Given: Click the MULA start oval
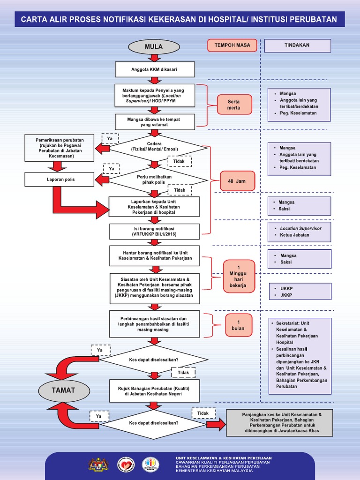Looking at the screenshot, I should coord(153,47).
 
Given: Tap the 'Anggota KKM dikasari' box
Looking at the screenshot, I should coord(155,70).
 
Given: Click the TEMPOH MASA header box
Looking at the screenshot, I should coord(232,45).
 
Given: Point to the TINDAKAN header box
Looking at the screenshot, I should coord(297,45).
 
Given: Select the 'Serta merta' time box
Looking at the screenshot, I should coord(234,105).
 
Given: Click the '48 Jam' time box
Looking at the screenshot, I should coord(234,181).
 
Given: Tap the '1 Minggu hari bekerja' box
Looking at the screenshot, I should coord(239,277).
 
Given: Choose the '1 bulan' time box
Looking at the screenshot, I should coord(239,325).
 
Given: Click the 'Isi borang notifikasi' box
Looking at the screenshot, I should coord(155,231).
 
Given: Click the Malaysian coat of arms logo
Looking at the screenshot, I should coord(98,464).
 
